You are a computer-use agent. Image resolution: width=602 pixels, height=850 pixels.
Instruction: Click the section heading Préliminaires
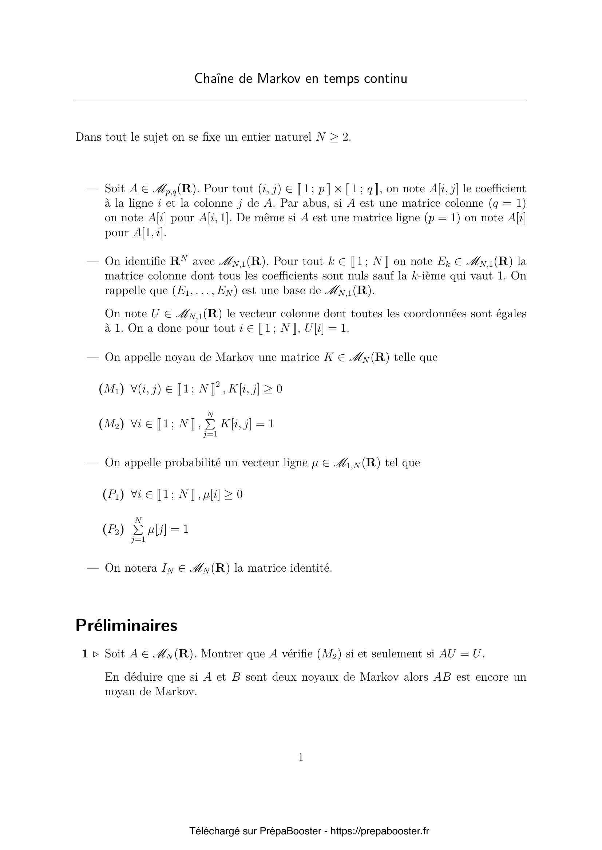(x=126, y=625)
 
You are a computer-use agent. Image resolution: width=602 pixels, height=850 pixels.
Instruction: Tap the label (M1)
(x=111, y=389)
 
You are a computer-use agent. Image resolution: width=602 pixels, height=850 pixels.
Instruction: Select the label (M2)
(x=111, y=424)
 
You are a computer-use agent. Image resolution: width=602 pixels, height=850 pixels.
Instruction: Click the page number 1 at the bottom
(x=301, y=757)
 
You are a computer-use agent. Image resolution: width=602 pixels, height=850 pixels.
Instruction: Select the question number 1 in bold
(x=85, y=654)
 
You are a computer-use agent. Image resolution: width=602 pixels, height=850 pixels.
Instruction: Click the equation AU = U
(x=461, y=654)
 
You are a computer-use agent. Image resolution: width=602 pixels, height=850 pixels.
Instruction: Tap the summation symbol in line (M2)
(x=210, y=424)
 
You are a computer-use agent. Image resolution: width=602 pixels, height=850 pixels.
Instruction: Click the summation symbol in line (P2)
(x=138, y=530)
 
